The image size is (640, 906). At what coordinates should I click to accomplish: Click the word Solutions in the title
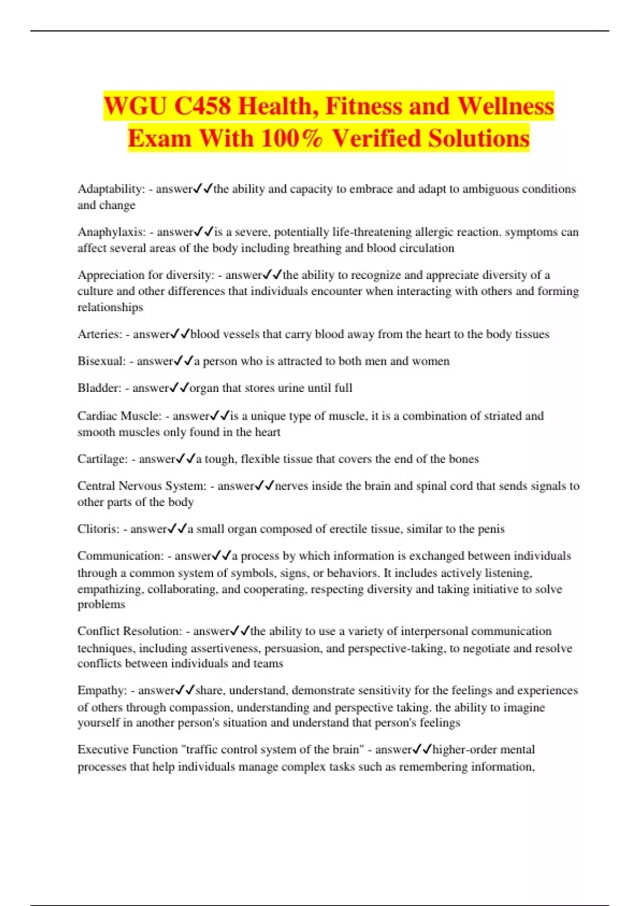click(478, 139)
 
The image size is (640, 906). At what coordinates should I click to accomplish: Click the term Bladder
click(99, 389)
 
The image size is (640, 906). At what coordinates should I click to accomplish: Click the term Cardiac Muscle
click(119, 416)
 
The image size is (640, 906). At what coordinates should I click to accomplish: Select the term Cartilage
click(102, 459)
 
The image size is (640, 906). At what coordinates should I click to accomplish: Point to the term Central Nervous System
click(141, 486)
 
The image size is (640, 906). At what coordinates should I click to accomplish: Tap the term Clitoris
click(98, 529)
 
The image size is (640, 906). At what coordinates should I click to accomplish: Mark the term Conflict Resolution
click(130, 632)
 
